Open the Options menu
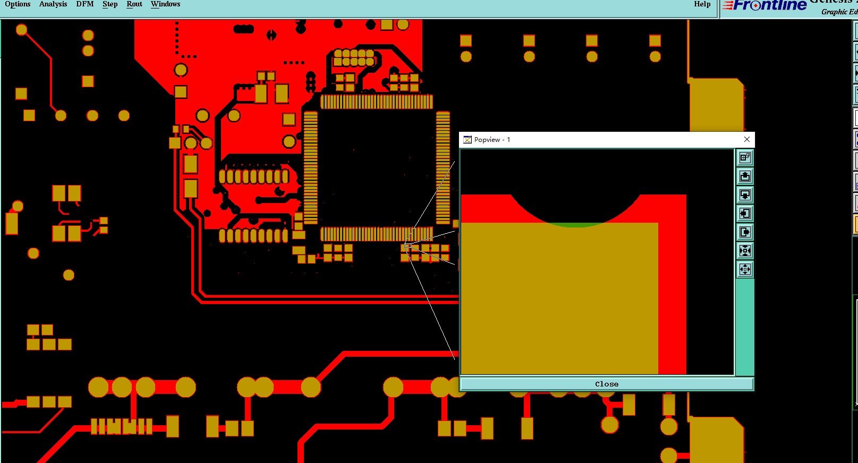18,4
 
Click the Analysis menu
53,4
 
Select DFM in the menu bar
85,4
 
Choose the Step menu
110,4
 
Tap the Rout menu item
134,4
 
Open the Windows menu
165,4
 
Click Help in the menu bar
702,4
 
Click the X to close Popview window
747,139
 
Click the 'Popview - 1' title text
492,140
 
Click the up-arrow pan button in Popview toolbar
745,176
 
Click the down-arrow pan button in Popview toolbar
745,195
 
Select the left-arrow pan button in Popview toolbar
745,213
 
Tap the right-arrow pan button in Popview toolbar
745,232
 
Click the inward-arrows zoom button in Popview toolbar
745,250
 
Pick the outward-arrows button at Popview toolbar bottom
745,269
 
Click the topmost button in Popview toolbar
745,157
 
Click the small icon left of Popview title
468,140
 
